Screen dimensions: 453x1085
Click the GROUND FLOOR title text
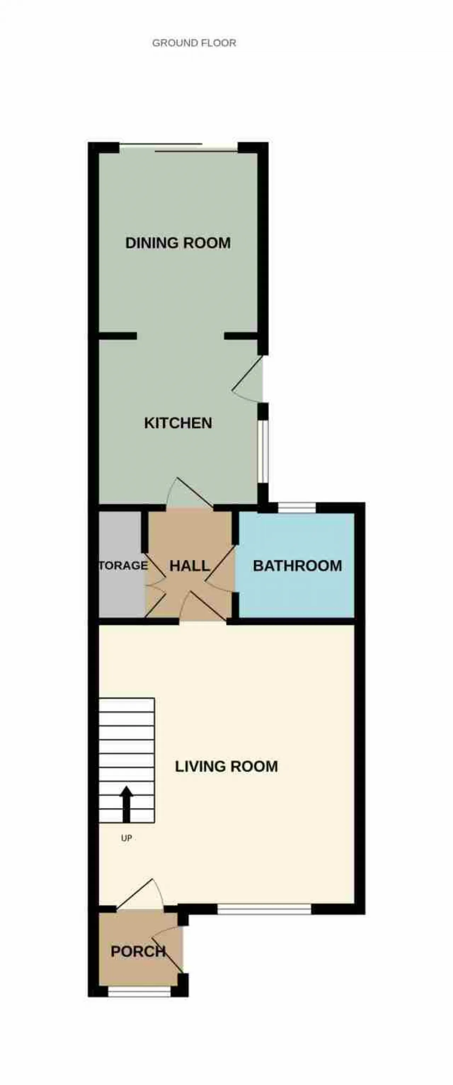click(x=194, y=43)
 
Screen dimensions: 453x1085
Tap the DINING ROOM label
click(x=178, y=243)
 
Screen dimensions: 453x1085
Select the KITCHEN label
click(x=178, y=423)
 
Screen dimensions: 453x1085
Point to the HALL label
click(x=189, y=566)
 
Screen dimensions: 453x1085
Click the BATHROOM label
click(x=297, y=566)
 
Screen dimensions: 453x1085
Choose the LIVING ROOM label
click(x=226, y=766)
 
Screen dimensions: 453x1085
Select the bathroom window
click(x=297, y=508)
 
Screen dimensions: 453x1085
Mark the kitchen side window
click(x=263, y=451)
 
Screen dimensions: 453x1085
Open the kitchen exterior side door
click(x=248, y=379)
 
